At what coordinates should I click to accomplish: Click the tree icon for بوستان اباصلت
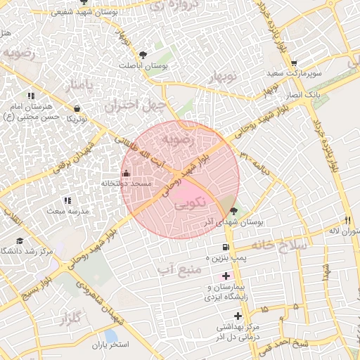(143, 54)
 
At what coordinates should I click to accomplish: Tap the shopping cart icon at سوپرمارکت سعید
(294, 63)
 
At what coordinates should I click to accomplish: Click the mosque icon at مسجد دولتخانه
(126, 173)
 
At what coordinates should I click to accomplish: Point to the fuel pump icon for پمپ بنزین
(225, 247)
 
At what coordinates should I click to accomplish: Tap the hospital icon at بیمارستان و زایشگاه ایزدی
(226, 276)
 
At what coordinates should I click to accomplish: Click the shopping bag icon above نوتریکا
(77, 108)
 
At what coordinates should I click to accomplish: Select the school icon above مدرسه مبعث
(67, 200)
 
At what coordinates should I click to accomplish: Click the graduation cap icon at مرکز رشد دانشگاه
(20, 241)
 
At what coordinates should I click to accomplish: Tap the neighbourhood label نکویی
(188, 202)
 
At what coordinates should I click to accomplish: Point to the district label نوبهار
(225, 76)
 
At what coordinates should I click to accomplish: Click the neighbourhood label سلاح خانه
(281, 245)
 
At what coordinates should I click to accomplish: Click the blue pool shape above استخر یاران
(110, 335)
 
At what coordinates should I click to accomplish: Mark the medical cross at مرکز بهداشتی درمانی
(238, 317)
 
